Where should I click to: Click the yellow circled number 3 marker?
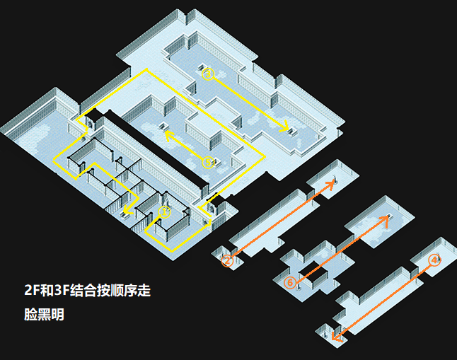(x=207, y=73)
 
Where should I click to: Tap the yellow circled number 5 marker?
(x=208, y=162)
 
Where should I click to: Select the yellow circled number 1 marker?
(x=165, y=211)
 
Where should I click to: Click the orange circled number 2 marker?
(x=228, y=261)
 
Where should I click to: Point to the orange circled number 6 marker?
(x=289, y=283)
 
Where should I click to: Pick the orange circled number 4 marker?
(x=434, y=260)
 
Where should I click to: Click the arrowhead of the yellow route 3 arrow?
(x=286, y=129)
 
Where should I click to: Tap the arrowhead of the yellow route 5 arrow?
(x=168, y=132)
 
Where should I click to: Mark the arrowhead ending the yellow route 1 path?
(x=125, y=210)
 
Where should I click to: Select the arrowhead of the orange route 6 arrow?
(x=386, y=218)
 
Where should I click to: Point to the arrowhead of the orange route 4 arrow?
(x=335, y=339)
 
